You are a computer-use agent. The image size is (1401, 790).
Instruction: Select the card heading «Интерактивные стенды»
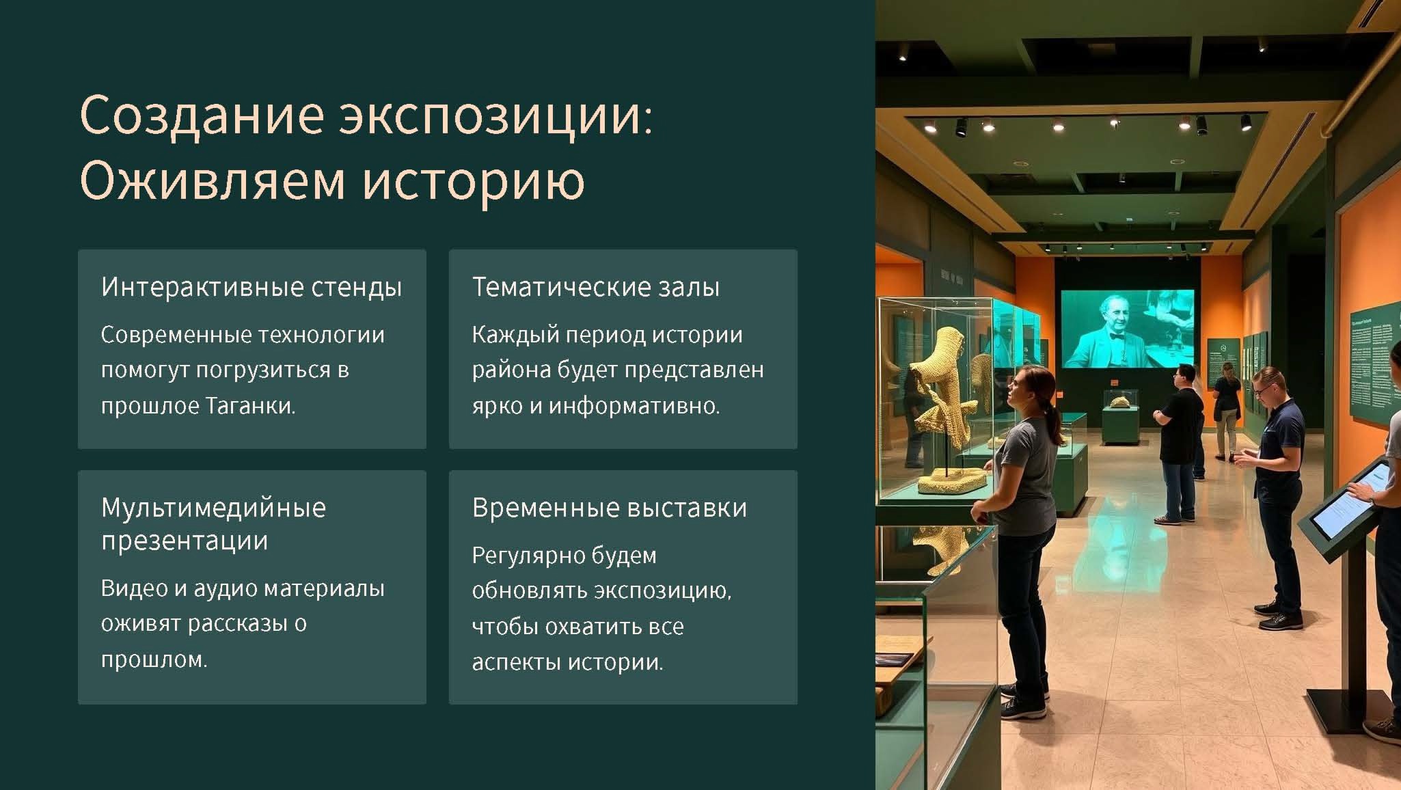(251, 287)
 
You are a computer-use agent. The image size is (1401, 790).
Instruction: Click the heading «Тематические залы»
(596, 287)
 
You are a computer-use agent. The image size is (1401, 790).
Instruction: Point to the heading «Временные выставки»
(610, 508)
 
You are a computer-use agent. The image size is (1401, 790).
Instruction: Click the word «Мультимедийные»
(214, 508)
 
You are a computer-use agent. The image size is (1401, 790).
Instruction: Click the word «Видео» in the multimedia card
(134, 588)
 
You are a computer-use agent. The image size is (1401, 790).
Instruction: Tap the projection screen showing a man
(1127, 329)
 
